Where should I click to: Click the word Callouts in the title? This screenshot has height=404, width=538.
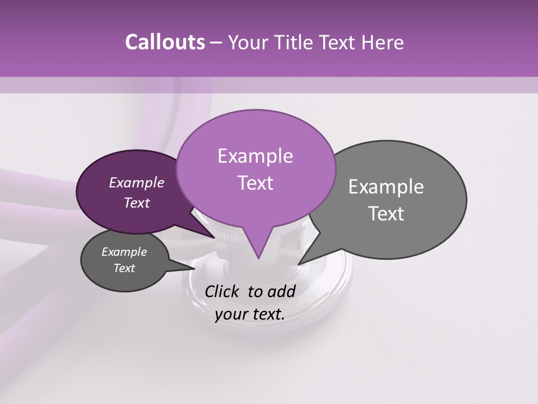coord(165,42)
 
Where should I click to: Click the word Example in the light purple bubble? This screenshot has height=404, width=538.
coord(255,156)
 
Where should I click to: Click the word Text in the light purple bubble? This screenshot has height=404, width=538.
coord(255,183)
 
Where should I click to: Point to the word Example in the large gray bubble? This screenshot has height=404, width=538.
coord(386,187)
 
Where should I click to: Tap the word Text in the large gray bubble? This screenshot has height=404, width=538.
coord(386,214)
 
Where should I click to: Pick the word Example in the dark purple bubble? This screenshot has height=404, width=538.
coord(136,182)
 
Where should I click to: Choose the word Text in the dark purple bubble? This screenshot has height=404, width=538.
coord(136,203)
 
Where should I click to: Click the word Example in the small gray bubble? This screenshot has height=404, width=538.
coord(124,252)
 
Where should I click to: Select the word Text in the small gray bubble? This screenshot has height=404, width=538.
coord(124,268)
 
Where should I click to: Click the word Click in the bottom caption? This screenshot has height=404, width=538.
coord(222,291)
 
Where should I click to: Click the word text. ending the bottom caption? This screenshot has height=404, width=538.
coord(268,314)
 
